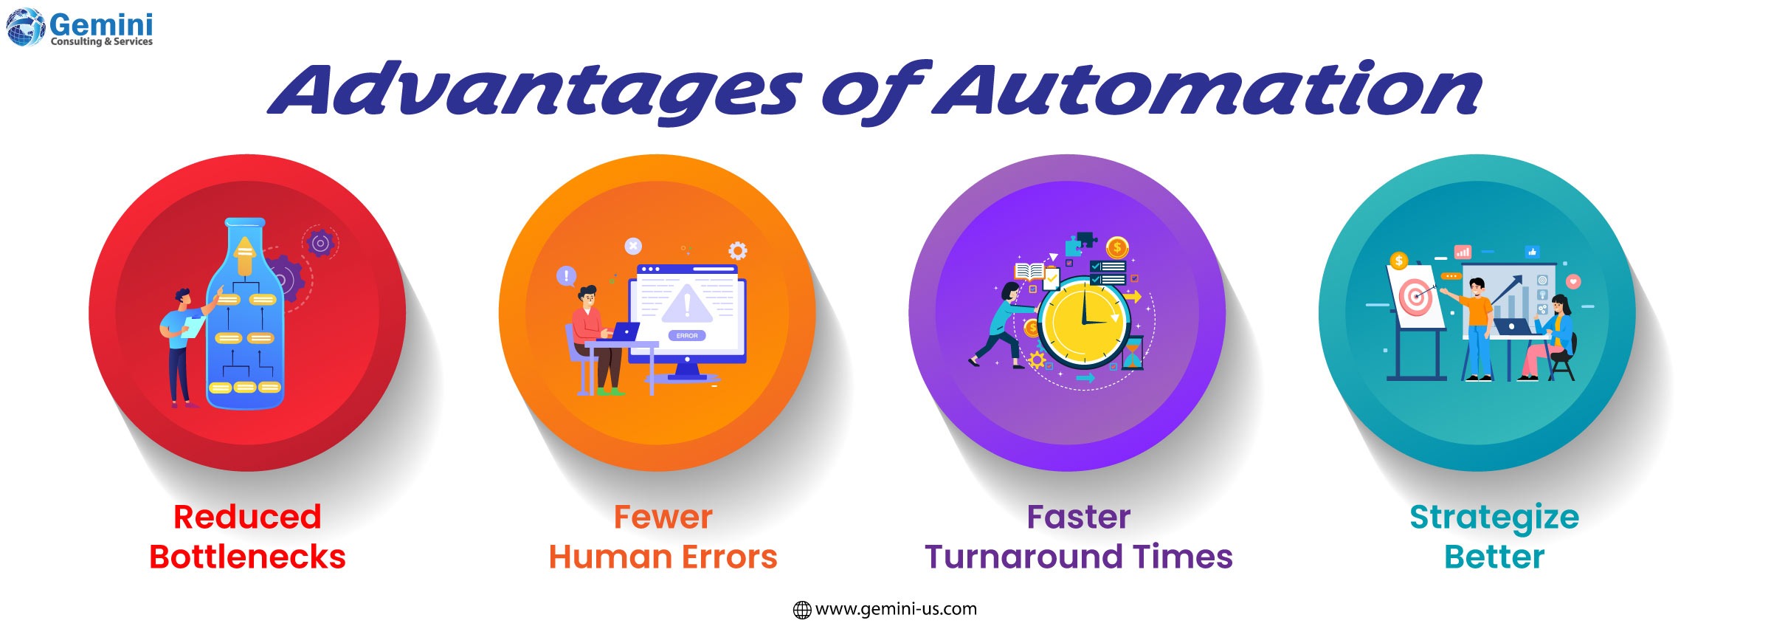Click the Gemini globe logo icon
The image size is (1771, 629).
pyautogui.click(x=26, y=27)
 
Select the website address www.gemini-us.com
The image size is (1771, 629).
pyautogui.click(x=895, y=609)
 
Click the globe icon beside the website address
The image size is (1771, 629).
pyautogui.click(x=801, y=610)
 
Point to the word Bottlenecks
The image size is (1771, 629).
pyautogui.click(x=247, y=557)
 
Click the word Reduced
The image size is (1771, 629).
pyautogui.click(x=247, y=517)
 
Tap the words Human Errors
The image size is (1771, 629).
pyautogui.click(x=663, y=557)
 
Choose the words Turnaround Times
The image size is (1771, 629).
pyautogui.click(x=1078, y=557)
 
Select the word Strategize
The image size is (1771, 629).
pyautogui.click(x=1494, y=517)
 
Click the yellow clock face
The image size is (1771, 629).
pyautogui.click(x=1083, y=322)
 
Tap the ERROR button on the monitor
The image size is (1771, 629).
pyautogui.click(x=687, y=336)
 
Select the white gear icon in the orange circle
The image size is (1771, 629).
pyautogui.click(x=737, y=251)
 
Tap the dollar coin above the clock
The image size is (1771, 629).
pyautogui.click(x=1118, y=248)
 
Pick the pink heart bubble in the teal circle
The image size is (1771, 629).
pyautogui.click(x=1574, y=281)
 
